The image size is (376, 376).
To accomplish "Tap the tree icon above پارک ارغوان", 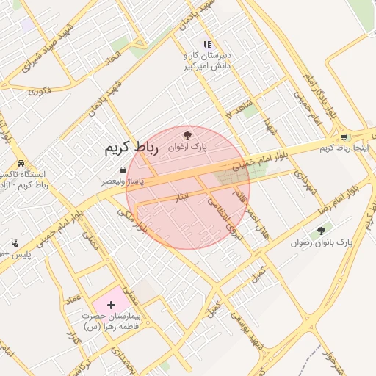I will (187, 135).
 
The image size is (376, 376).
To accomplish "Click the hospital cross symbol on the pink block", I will (111, 303).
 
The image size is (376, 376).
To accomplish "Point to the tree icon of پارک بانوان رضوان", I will (321, 231).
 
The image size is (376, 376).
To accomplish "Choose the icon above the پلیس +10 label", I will (14, 243).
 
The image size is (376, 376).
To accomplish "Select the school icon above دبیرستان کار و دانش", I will (207, 45).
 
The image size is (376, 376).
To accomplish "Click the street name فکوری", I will (40, 92).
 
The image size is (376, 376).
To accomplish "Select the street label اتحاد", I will (113, 56).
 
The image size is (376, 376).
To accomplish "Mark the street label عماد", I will (73, 298).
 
